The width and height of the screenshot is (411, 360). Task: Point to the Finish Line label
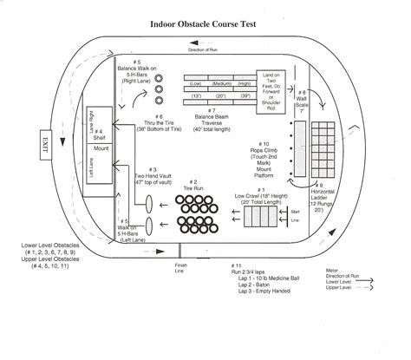pos(179,269)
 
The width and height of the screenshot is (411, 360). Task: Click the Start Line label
pos(296,214)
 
